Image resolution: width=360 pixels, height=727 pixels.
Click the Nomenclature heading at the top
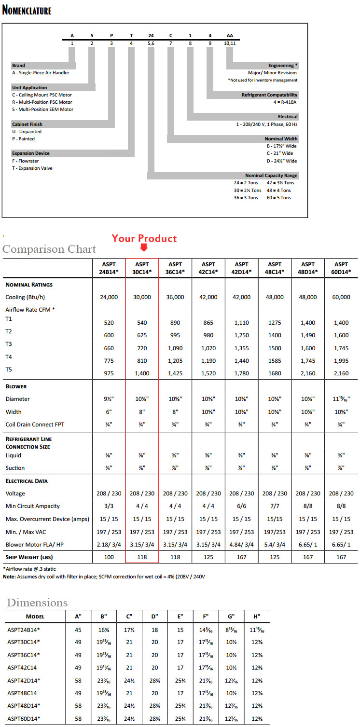[x=27, y=10]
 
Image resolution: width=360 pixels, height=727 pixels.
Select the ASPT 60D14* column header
[x=341, y=268]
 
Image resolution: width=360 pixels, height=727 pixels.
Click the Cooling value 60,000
[x=341, y=297]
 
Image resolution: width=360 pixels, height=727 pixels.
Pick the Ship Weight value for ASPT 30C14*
[x=142, y=557]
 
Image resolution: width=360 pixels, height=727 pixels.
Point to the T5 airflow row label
[x=9, y=369]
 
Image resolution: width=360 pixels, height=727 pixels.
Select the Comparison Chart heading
[x=49, y=249]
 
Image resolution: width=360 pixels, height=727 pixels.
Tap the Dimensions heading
[x=37, y=603]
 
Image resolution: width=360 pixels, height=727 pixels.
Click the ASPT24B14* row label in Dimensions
[x=24, y=629]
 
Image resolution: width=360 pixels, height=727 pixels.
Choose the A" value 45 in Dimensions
[x=78, y=629]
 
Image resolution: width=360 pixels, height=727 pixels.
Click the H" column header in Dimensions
[x=256, y=616]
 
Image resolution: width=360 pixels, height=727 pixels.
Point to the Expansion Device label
[x=31, y=153]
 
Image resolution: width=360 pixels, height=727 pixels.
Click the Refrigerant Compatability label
[x=270, y=95]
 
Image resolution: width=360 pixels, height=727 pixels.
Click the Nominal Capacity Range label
[x=271, y=175]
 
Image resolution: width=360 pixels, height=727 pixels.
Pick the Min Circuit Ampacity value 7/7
[x=275, y=506]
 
